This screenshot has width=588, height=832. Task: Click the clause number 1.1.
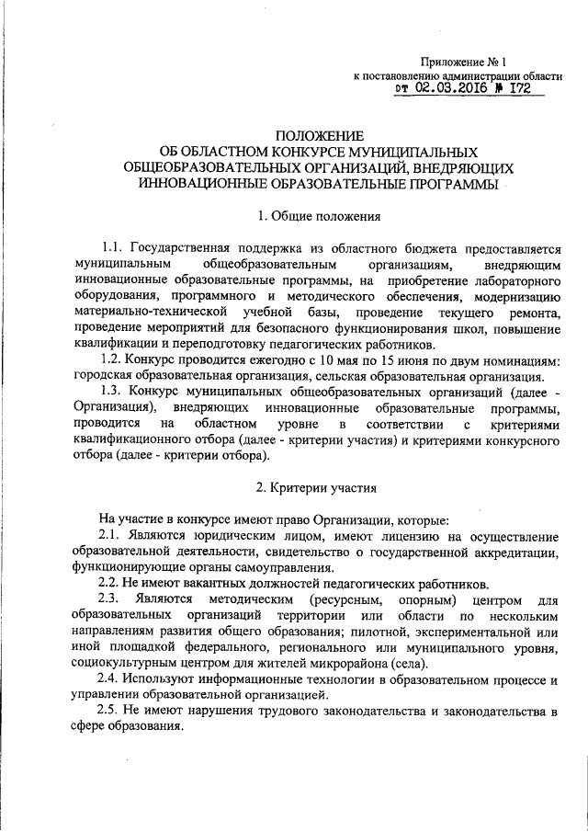(x=112, y=248)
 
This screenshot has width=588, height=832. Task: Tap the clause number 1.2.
(x=112, y=359)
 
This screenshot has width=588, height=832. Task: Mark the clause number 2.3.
(x=112, y=600)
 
